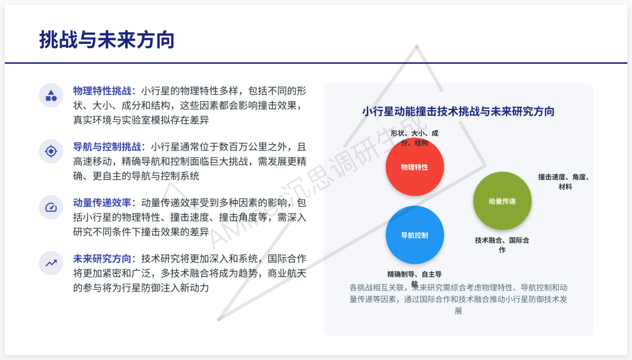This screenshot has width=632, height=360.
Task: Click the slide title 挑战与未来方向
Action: pos(107,40)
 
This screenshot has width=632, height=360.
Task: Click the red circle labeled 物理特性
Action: pos(414,167)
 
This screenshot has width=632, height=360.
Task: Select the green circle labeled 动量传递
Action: pos(502,201)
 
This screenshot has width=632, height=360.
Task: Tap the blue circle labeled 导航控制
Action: pos(414,235)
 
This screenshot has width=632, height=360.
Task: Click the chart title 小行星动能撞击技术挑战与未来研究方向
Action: pos(458,111)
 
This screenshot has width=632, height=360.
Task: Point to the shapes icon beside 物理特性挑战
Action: pos(51,95)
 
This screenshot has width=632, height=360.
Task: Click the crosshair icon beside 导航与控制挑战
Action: pos(51,152)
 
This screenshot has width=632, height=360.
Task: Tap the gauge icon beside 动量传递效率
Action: pos(51,207)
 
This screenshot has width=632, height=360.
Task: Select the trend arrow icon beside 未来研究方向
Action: pos(51,263)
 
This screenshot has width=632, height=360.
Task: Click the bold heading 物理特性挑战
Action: pos(102,91)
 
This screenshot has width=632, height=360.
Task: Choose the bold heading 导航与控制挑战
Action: pos(107,147)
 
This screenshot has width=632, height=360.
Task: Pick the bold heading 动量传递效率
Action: pos(102,203)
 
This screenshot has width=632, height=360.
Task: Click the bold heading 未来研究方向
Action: pos(102,259)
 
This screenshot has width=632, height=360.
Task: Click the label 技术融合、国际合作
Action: pos(502,245)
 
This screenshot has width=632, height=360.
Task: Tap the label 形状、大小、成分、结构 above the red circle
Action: pos(414,138)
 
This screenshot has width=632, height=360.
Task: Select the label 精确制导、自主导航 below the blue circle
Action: pos(414,278)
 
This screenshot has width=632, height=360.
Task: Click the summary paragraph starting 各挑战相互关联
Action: pos(458,299)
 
